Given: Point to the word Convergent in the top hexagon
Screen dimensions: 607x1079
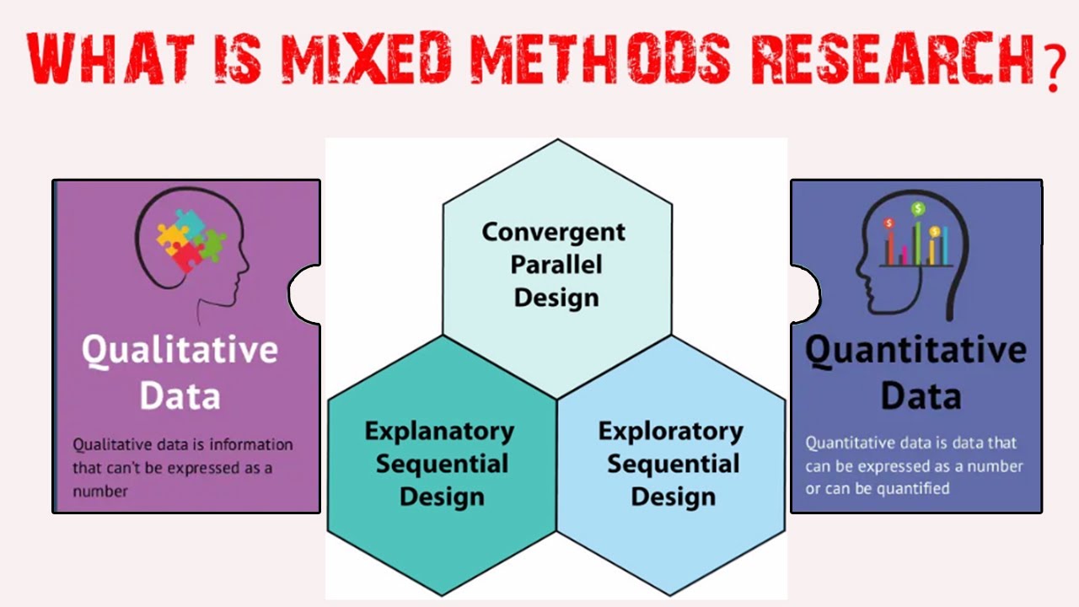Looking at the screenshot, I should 554,232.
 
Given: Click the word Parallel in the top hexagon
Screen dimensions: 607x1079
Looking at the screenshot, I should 556,265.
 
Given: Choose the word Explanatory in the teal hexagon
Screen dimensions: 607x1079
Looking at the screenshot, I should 439,431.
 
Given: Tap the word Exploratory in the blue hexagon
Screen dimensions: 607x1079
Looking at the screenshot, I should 671,431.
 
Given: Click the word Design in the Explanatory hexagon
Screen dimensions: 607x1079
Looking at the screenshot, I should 442,497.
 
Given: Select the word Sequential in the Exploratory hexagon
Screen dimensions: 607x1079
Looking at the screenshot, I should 673,464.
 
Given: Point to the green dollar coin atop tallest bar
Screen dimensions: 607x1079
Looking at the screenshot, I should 917,208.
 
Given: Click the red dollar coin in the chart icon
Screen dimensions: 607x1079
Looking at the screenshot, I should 888,223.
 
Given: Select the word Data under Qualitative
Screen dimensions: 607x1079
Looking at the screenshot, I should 180,395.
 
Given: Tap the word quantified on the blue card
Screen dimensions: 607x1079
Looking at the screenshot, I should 913,488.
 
